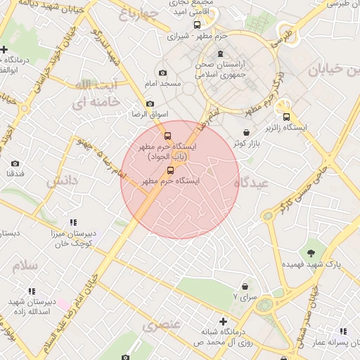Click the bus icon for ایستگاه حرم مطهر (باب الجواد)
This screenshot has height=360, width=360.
point(167,136)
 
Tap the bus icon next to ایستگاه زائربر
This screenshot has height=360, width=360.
point(286,117)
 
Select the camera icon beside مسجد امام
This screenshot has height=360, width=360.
point(163,73)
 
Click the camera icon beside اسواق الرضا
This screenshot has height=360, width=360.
point(150,104)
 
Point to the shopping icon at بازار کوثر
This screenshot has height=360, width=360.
point(245,132)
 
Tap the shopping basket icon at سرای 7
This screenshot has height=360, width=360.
point(245,287)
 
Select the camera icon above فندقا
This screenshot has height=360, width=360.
point(15,164)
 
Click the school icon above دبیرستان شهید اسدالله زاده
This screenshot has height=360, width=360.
point(31,291)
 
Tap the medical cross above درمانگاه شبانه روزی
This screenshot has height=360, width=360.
point(224,321)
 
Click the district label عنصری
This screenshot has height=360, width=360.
point(162,325)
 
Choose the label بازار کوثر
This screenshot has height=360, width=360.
point(247,143)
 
